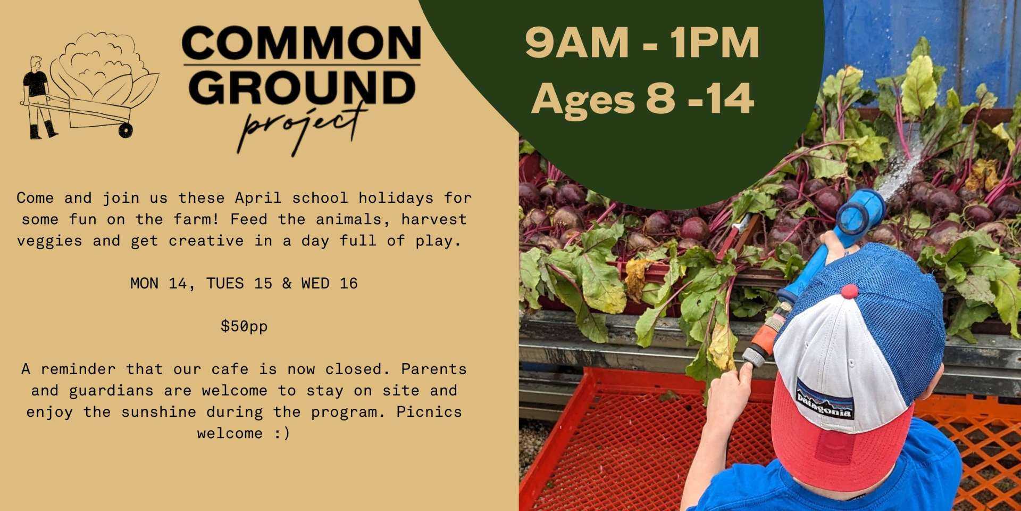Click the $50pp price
(244, 326)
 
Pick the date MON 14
(158, 283)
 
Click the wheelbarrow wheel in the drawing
(125, 130)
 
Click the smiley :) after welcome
(282, 433)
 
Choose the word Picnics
(429, 411)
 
